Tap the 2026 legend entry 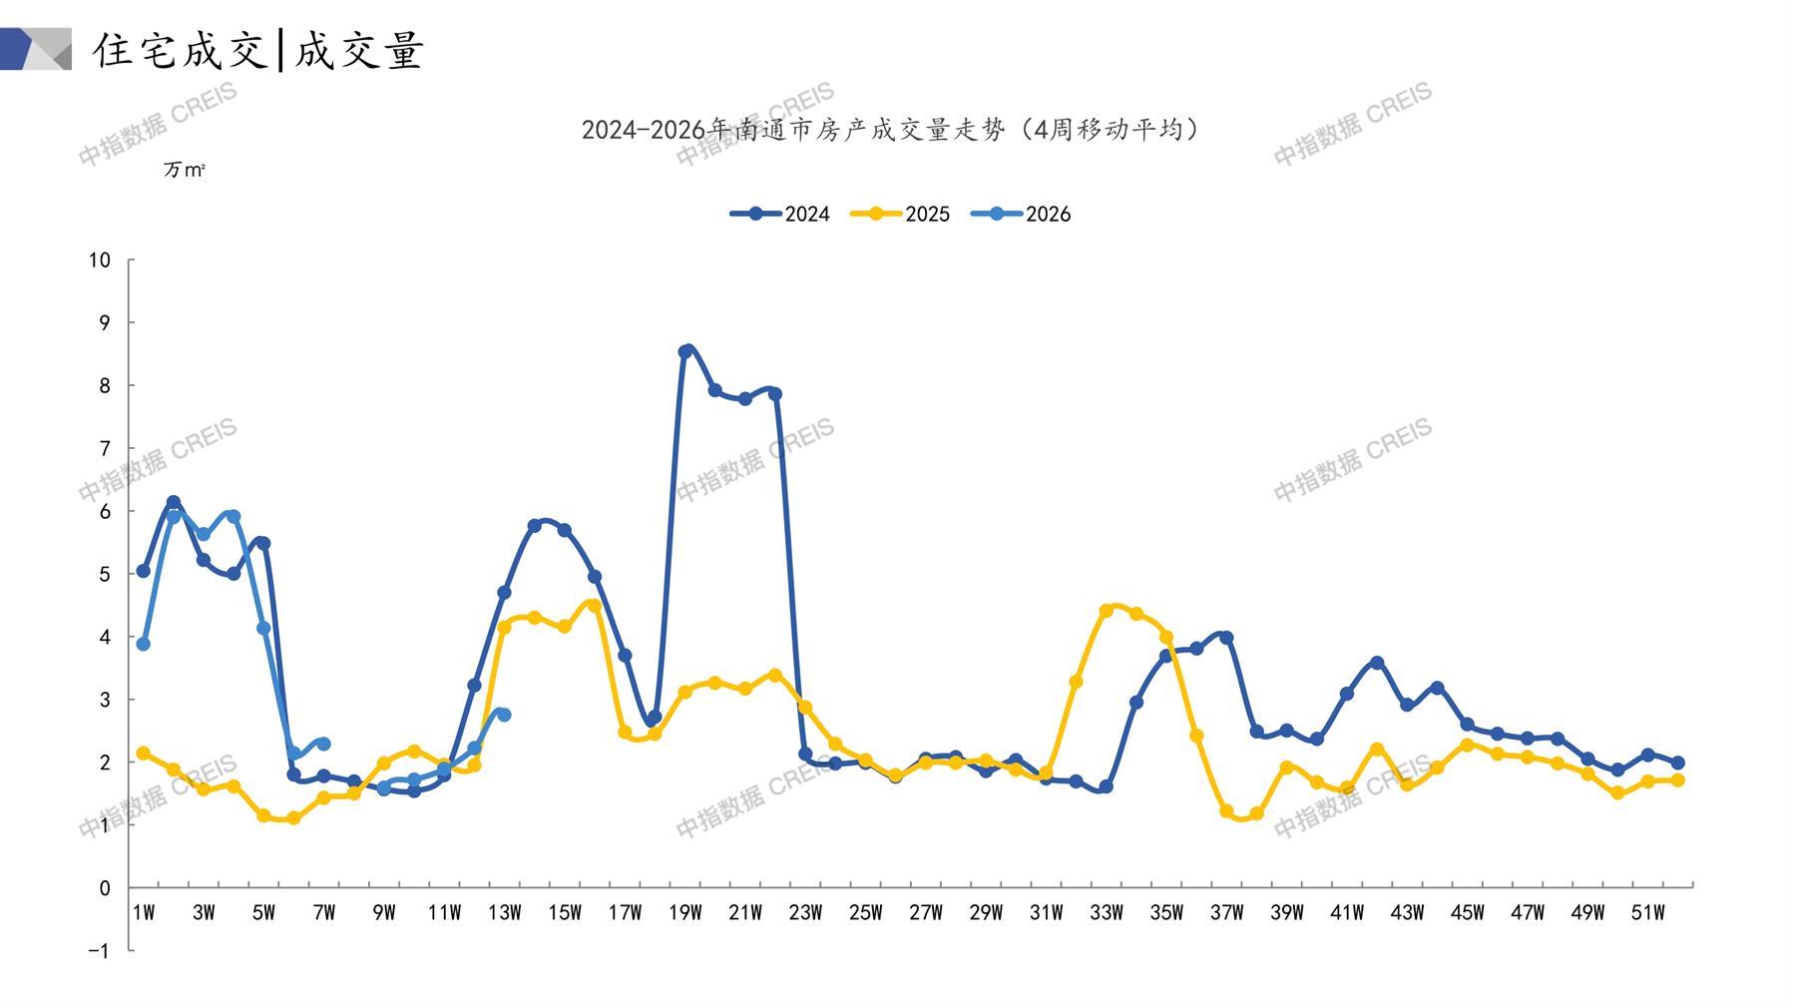click(x=1021, y=214)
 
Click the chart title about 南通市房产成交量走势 click(x=891, y=130)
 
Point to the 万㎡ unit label click(x=184, y=170)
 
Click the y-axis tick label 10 click(x=99, y=260)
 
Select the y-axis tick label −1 click(x=99, y=951)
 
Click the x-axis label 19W click(x=684, y=912)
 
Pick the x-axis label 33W click(x=1107, y=912)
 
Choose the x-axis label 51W click(x=1647, y=912)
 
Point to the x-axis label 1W click(x=144, y=912)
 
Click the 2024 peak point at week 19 click(x=685, y=351)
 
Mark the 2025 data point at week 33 click(x=1106, y=611)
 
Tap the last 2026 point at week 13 click(x=504, y=715)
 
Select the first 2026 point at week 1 click(x=144, y=644)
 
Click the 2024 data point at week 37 click(x=1226, y=638)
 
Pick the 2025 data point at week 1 click(x=144, y=753)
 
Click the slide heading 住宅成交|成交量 click(x=259, y=50)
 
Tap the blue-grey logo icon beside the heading click(x=36, y=49)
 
